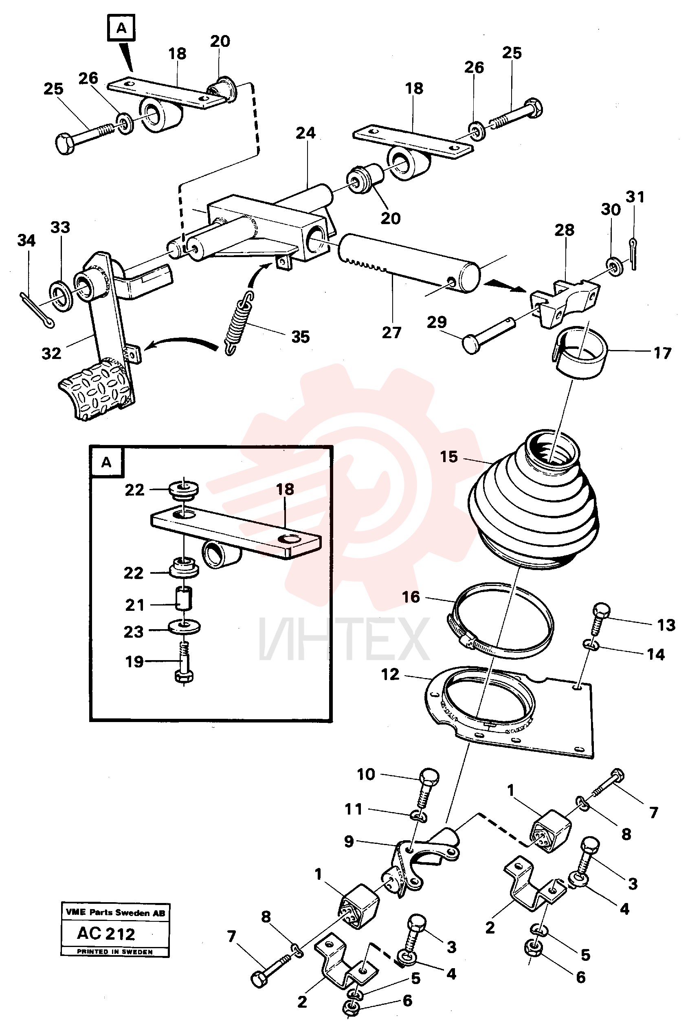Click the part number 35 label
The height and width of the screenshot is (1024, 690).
(301, 337)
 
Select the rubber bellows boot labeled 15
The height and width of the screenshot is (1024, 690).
(533, 500)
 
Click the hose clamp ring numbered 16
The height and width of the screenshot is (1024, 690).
(501, 621)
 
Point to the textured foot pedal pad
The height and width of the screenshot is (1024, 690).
(96, 388)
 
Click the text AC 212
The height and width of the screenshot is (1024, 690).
(106, 933)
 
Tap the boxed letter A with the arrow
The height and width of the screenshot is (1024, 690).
(121, 28)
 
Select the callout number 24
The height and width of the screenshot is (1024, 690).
(306, 133)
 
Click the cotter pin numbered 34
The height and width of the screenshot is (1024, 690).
(37, 310)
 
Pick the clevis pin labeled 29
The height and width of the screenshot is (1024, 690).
(489, 334)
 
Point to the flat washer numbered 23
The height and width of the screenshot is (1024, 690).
(184, 626)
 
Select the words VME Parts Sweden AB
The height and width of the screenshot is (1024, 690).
(115, 913)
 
